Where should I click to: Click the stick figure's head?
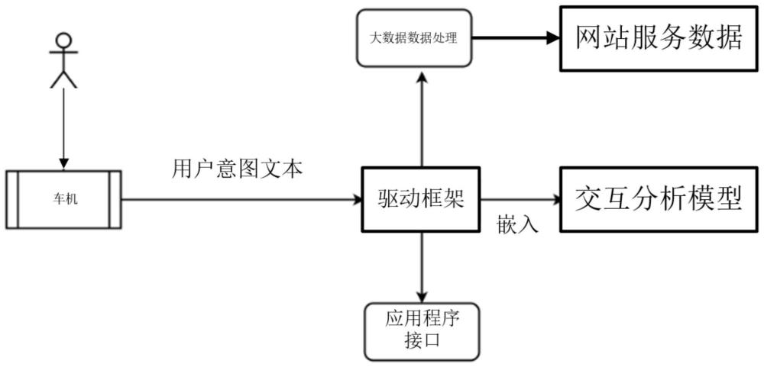[x=63, y=39]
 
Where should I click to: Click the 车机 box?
[x=63, y=200]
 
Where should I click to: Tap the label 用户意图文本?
[x=238, y=170]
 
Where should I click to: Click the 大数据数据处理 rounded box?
[x=414, y=38]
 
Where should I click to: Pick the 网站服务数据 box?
[x=659, y=38]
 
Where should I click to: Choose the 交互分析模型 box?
[x=659, y=199]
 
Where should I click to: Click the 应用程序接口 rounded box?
[x=422, y=331]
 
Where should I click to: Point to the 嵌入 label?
[x=517, y=224]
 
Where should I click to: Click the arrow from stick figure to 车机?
[x=63, y=129]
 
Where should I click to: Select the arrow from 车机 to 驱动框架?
[x=241, y=200]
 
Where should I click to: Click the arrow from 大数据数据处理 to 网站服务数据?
[x=516, y=38]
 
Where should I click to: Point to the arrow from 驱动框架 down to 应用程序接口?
[x=422, y=267]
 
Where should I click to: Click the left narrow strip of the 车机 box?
[x=12, y=200]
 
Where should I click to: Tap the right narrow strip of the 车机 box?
[x=115, y=200]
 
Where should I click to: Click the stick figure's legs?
[x=63, y=79]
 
